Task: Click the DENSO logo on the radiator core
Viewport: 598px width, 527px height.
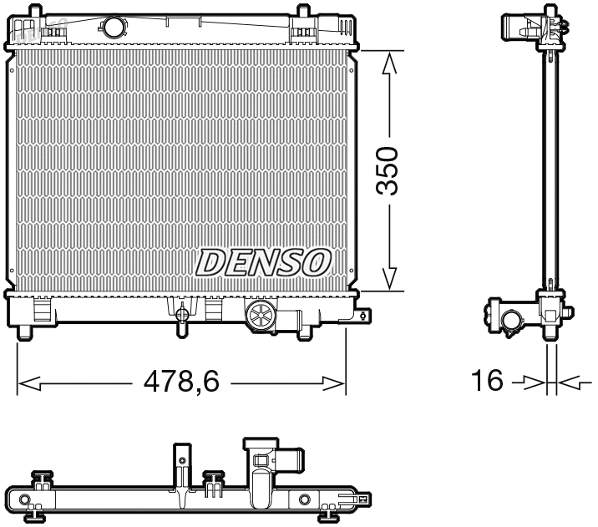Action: (263, 261)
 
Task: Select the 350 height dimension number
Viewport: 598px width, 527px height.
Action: (386, 172)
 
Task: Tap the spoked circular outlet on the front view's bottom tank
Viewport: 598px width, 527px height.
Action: (260, 317)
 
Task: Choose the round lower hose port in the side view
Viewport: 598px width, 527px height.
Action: (509, 319)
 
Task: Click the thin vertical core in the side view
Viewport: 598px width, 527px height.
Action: (550, 167)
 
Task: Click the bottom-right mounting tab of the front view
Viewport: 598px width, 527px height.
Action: (362, 316)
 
